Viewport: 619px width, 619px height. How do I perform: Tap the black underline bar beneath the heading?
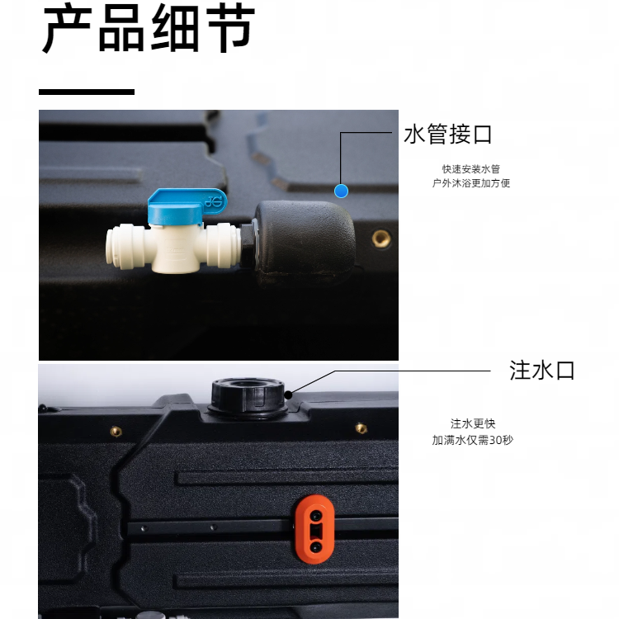click(87, 92)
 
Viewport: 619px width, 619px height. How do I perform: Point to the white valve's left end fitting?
click(124, 247)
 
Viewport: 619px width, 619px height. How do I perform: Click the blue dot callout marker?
click(341, 191)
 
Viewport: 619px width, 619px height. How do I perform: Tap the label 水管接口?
click(448, 135)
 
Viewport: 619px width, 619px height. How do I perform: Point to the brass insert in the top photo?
click(381, 239)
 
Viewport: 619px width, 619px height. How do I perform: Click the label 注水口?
click(541, 371)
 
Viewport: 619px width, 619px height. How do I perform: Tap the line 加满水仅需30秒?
click(472, 440)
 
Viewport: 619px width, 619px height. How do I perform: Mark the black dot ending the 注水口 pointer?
click(288, 395)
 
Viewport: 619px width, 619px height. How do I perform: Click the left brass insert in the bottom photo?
click(116, 431)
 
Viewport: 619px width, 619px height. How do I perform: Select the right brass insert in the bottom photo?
click(361, 428)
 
